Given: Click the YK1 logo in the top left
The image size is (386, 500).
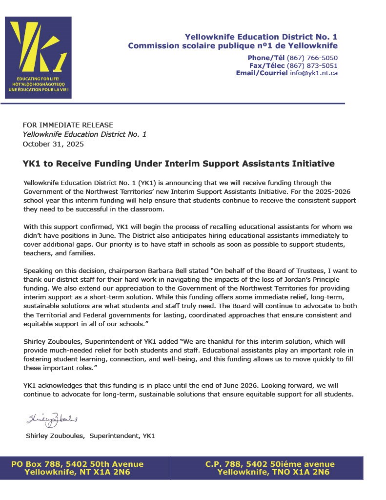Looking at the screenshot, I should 38,57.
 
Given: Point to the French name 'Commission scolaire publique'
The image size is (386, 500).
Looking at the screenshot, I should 195,46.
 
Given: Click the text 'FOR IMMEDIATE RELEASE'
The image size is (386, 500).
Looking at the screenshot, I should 68,125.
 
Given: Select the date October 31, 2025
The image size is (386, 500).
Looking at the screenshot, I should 53,144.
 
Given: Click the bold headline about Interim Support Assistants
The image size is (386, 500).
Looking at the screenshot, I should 179,163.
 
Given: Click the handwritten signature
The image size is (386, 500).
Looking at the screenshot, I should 52,419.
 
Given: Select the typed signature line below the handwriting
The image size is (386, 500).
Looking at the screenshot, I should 90,436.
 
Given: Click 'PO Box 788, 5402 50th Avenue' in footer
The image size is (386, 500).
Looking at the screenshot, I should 77,464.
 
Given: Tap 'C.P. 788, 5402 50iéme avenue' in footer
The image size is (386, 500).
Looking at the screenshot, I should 270,464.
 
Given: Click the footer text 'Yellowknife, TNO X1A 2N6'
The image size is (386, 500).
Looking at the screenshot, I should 273,472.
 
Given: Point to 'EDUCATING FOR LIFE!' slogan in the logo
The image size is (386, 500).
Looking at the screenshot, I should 38,78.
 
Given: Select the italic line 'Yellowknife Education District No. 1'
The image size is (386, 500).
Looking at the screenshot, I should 84,134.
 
